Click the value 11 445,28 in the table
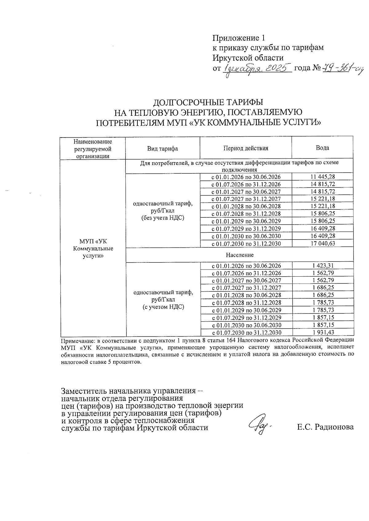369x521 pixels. coord(323,177)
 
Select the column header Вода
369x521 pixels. coord(323,148)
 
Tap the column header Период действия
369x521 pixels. coord(246,148)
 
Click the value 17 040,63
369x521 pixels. coord(323,243)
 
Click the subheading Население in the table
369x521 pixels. coord(240,255)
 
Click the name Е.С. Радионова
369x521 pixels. coord(325,427)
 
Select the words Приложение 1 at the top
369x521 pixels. coord(239,38)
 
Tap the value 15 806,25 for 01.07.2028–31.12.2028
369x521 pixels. coord(323,214)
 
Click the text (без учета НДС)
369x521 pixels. coord(163,218)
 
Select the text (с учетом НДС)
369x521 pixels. coord(163,307)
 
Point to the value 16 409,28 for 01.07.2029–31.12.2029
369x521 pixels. coord(323,228)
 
